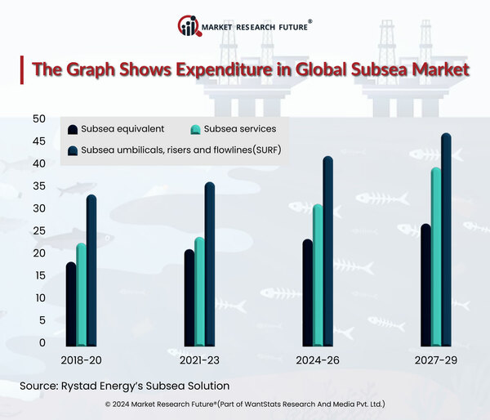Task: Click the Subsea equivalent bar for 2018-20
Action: pyautogui.click(x=71, y=303)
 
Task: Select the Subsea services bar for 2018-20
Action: pyautogui.click(x=81, y=294)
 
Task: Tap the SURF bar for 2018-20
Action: pyautogui.click(x=91, y=270)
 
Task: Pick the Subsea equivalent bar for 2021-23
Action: pyautogui.click(x=189, y=297)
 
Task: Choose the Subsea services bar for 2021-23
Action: pyautogui.click(x=199, y=291)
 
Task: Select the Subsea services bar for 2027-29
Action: pyautogui.click(x=436, y=257)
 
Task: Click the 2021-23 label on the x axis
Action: pyautogui.click(x=200, y=359)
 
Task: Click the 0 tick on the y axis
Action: pyautogui.click(x=42, y=342)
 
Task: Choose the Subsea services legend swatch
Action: pyautogui.click(x=196, y=130)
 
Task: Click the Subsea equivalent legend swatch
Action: pyautogui.click(x=73, y=130)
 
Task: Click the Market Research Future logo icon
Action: pyautogui.click(x=188, y=26)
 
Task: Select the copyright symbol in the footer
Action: pyautogui.click(x=109, y=404)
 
